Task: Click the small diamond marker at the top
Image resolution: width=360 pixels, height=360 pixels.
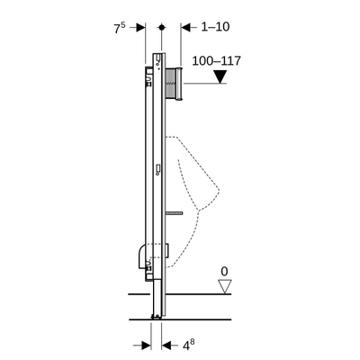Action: [x=161, y=28]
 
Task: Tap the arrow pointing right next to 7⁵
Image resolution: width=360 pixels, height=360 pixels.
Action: [x=139, y=28]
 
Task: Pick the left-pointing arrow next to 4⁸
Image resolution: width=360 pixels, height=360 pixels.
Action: [x=167, y=343]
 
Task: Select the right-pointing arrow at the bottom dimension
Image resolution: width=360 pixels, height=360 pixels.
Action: [x=144, y=343]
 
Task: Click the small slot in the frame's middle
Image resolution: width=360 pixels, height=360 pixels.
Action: [x=157, y=167]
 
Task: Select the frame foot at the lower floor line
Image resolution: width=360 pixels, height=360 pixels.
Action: [x=157, y=316]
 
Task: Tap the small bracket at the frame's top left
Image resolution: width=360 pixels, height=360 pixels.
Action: [x=147, y=69]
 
